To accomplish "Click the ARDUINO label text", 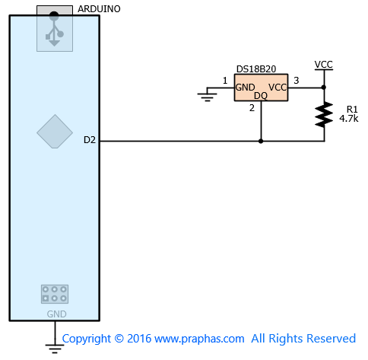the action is click(99, 9).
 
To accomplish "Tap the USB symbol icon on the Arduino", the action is click(54, 29).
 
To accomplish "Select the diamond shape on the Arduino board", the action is click(55, 132).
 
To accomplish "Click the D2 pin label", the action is click(90, 140).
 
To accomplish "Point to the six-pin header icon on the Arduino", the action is click(55, 294).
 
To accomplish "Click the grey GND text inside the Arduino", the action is click(56, 314).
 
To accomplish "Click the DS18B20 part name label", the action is click(256, 69).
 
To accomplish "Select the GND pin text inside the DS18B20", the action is click(245, 88).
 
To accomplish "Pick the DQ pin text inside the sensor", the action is click(261, 96).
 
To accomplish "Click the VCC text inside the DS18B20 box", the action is click(278, 88).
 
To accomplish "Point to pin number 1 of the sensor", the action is click(225, 81).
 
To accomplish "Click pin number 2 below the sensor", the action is click(252, 108).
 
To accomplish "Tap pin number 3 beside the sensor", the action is click(297, 81).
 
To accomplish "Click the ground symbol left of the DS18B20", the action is click(208, 96).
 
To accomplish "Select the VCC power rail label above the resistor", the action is click(324, 65).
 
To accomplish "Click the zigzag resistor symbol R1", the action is click(324, 114).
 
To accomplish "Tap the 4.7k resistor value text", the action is click(349, 119).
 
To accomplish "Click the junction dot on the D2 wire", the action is click(261, 141).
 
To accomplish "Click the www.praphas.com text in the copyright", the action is click(199, 339).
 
